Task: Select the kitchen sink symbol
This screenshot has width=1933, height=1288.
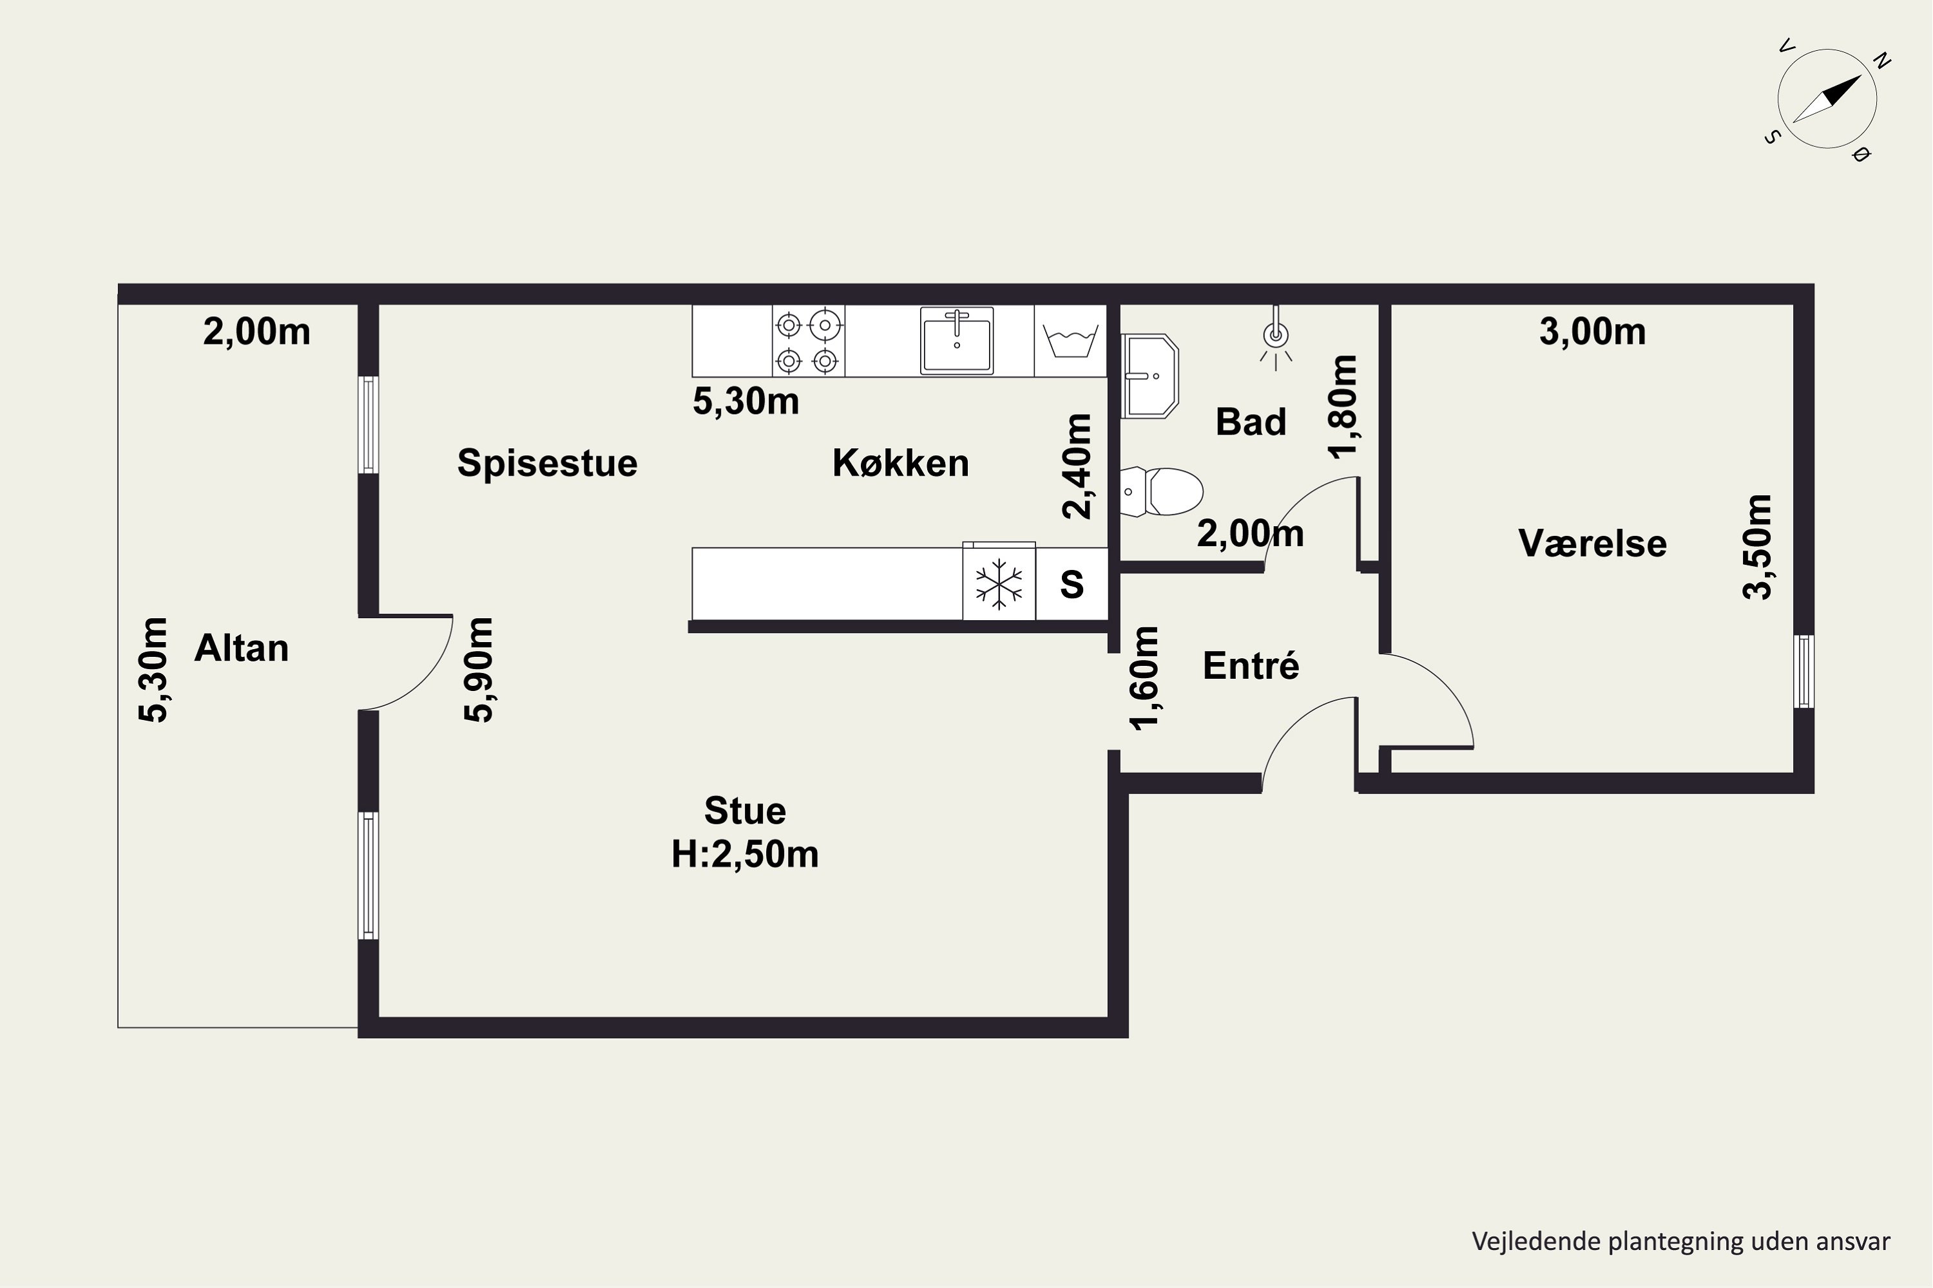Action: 957,341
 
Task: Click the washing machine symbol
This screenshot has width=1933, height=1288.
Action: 1070,341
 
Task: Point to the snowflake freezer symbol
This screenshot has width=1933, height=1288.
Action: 999,584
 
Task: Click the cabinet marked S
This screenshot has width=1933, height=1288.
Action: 1072,584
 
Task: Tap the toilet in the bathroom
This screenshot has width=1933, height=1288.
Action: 1161,492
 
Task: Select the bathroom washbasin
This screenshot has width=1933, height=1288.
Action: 1149,376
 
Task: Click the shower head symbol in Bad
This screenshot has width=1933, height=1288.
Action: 1276,337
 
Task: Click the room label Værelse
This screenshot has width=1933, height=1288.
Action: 1592,544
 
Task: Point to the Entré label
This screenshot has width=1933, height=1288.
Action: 1251,665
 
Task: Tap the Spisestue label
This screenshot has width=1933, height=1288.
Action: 547,463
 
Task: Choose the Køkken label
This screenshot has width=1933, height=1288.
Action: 901,463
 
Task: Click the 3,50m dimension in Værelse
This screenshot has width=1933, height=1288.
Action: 1758,547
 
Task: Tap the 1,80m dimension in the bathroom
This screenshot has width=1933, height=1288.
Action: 1342,406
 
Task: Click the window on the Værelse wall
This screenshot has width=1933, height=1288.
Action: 1804,671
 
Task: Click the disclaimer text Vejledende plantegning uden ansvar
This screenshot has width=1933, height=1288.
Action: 1680,1241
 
